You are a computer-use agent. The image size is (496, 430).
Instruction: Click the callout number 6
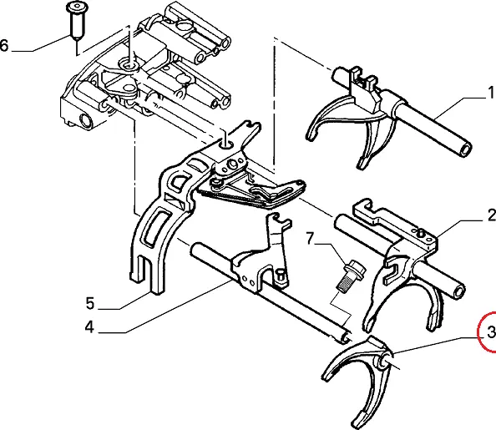[x=4, y=45]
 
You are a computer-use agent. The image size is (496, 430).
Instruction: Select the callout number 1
[x=491, y=93]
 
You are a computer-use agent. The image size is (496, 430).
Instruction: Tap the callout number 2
[x=492, y=215]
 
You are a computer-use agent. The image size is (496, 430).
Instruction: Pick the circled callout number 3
[x=491, y=332]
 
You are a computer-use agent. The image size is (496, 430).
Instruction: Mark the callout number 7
[x=311, y=239]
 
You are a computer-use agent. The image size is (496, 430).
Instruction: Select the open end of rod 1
[x=464, y=149]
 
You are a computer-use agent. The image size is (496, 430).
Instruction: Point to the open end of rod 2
[x=458, y=291]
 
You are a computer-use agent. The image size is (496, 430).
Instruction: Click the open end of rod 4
[x=346, y=338]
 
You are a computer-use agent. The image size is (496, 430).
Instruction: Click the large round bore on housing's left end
[x=86, y=120]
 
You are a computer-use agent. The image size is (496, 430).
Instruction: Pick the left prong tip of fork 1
[x=311, y=134]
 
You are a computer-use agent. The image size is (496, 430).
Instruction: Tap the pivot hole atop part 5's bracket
[x=227, y=145]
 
